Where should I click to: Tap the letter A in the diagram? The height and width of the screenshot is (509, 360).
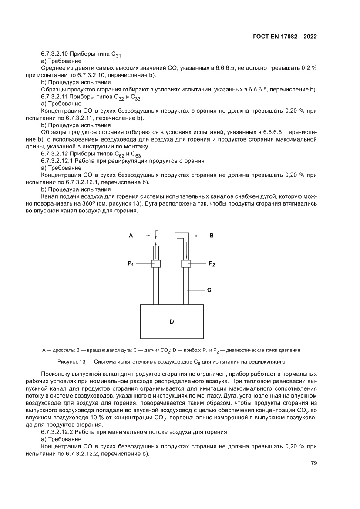click(x=131, y=236)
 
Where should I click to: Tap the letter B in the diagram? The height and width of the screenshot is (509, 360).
click(x=212, y=236)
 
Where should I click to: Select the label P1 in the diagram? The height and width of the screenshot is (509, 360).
click(x=131, y=264)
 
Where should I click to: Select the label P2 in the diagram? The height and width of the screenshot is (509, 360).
click(x=212, y=264)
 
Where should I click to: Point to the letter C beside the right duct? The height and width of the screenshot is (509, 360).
click(x=209, y=290)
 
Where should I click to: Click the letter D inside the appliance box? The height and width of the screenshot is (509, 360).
click(x=172, y=321)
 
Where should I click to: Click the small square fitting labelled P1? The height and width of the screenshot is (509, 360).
click(x=156, y=263)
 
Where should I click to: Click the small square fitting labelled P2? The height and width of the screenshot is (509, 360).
click(x=186, y=263)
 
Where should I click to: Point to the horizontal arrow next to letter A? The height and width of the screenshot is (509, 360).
click(x=145, y=236)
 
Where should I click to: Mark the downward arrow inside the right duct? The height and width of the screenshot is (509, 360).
click(x=186, y=250)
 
